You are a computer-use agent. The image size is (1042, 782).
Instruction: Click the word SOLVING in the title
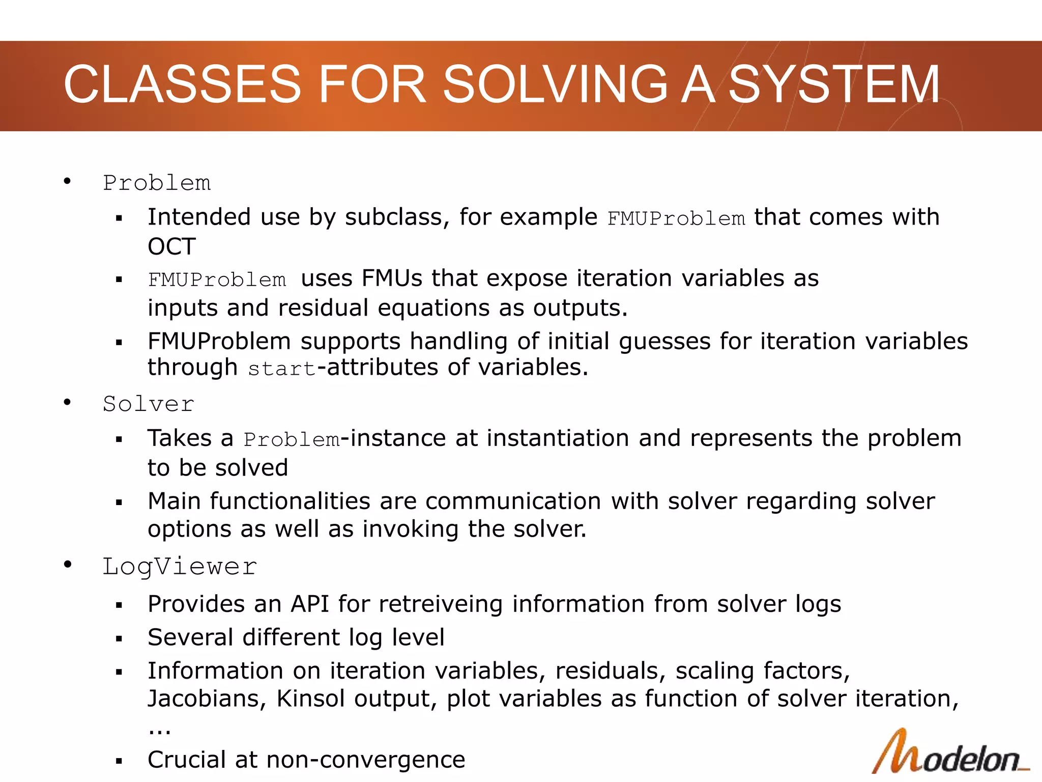point(555,85)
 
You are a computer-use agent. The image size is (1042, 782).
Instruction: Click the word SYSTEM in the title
point(834,85)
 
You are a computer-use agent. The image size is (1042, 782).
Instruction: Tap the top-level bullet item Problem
point(157,183)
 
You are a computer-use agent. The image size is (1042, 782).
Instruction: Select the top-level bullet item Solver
point(148,404)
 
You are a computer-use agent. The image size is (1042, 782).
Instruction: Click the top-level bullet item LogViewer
point(180,567)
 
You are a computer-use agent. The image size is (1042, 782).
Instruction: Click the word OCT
point(171,247)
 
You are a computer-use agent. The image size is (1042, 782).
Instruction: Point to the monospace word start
point(281,369)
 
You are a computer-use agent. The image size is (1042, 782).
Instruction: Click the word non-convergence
point(365,760)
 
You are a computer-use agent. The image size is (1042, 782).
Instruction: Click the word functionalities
point(290,501)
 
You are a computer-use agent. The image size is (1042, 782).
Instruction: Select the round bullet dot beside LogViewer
point(67,565)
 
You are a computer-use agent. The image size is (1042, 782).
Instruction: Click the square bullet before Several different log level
point(119,638)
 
